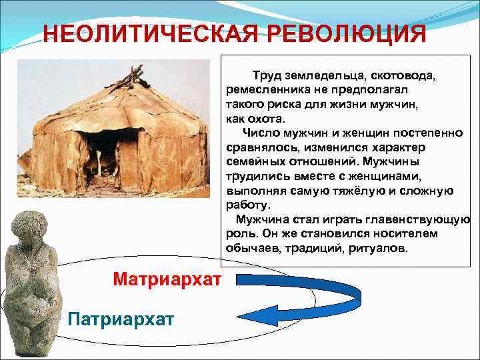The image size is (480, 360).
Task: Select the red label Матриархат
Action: coord(167,277)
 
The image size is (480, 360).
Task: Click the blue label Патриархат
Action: coord(121,318)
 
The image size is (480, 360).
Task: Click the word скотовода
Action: coord(399,76)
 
